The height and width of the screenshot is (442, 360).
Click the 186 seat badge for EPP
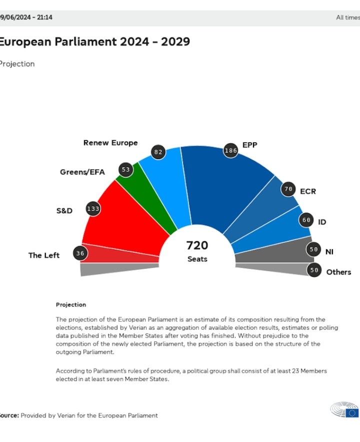point(230,150)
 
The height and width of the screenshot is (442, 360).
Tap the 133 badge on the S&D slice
point(93,209)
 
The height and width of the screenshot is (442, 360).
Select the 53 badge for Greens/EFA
point(125,170)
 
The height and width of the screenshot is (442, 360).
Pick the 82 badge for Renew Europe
point(158,152)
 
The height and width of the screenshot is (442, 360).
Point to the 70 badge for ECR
point(287,190)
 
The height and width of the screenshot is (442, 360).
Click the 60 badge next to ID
point(305,220)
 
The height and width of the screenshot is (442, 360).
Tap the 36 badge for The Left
point(80,253)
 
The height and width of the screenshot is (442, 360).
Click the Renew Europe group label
point(110,143)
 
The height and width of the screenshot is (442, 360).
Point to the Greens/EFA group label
point(82,172)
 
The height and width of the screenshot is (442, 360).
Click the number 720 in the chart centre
point(197,246)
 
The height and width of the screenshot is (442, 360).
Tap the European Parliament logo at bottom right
point(344,410)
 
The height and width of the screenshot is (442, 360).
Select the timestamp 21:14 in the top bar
point(44,18)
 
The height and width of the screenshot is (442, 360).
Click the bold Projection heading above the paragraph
point(71,304)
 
